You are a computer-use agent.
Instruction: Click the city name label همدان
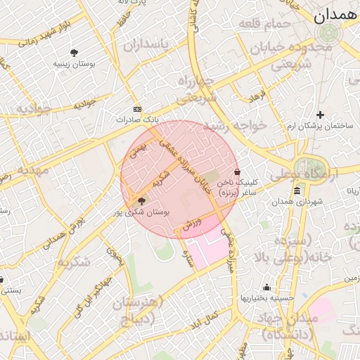click(x=335, y=15)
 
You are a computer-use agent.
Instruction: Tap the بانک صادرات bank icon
click(x=137, y=109)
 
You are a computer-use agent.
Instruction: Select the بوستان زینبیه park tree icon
click(x=74, y=53)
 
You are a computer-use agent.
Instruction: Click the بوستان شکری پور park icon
click(x=142, y=201)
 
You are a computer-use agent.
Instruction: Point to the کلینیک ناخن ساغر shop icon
click(x=237, y=172)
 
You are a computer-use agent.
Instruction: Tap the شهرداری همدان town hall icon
click(x=297, y=191)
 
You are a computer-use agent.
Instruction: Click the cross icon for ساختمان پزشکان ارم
click(x=321, y=115)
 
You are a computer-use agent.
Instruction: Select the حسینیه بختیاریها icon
click(x=266, y=287)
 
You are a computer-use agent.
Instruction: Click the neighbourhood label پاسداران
click(x=147, y=45)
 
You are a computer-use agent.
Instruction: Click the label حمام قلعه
click(x=265, y=25)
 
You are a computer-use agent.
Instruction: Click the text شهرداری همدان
click(x=301, y=202)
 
